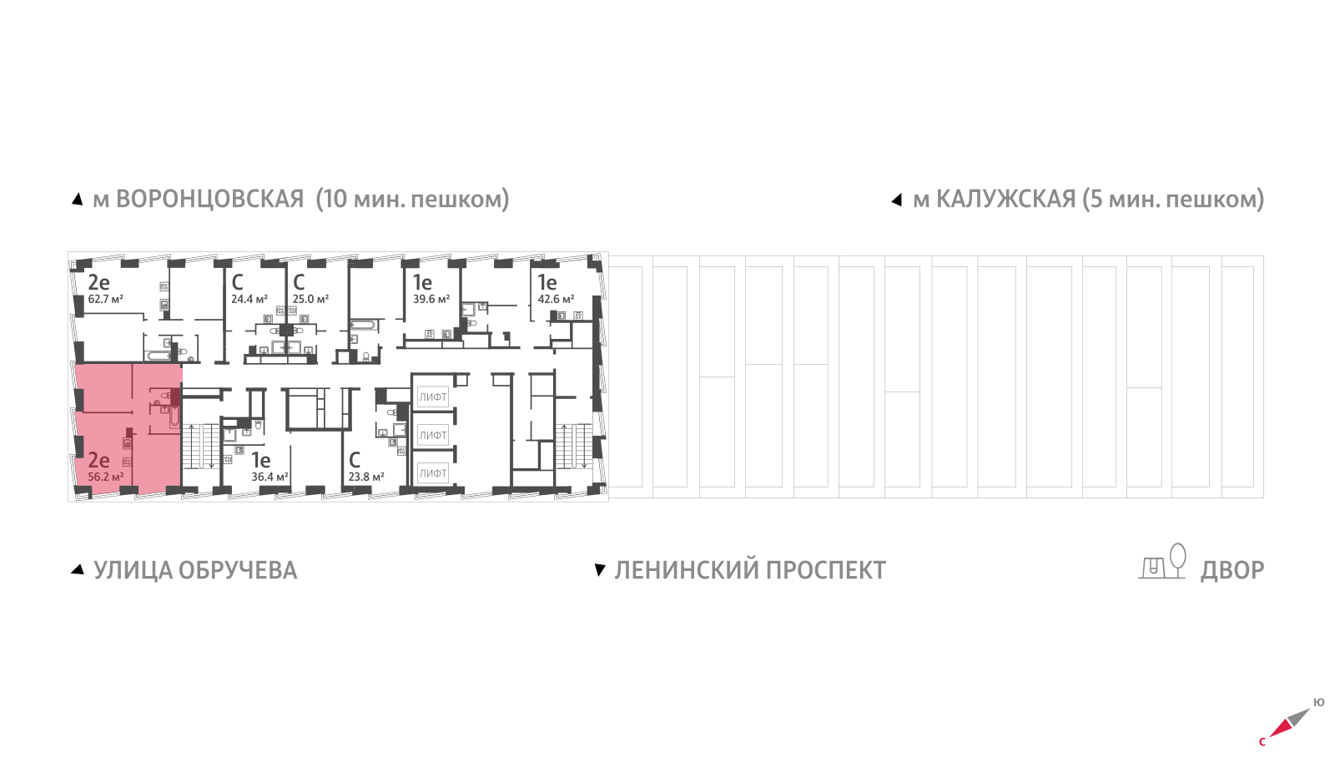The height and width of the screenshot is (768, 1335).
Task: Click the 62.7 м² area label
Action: click(x=106, y=299)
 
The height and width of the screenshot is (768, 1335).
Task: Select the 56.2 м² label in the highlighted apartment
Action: click(x=106, y=477)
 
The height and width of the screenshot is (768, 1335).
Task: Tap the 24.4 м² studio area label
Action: click(x=249, y=299)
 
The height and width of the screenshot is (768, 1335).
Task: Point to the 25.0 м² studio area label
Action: click(x=310, y=299)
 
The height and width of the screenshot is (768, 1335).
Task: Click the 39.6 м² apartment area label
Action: click(x=431, y=299)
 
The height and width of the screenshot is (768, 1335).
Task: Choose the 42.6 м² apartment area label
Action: click(x=556, y=299)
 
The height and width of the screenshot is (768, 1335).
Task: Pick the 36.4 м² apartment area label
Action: click(x=270, y=477)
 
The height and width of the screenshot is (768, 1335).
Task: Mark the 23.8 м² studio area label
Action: click(x=366, y=477)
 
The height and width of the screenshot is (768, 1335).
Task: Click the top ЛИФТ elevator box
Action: click(x=433, y=397)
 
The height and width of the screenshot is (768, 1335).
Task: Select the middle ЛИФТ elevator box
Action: click(x=433, y=435)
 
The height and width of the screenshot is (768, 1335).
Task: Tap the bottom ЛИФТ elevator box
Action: click(x=433, y=473)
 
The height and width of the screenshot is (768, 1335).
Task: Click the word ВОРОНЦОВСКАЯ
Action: click(x=209, y=200)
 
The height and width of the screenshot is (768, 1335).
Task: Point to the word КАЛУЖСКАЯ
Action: click(x=1005, y=200)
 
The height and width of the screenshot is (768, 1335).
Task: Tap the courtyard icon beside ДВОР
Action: click(x=1163, y=562)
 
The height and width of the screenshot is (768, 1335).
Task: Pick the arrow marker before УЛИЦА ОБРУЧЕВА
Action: click(x=78, y=569)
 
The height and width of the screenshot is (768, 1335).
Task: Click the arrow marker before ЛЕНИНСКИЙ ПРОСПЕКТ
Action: click(x=599, y=570)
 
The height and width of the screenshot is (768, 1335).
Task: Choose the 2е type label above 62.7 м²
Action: click(x=98, y=282)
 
